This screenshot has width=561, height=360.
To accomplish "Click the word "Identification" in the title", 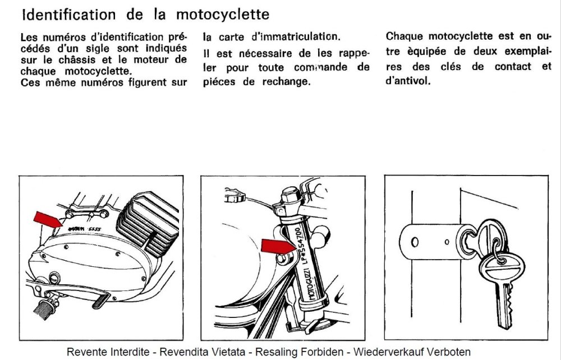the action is [68, 15].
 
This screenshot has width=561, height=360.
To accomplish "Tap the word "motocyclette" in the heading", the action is [223, 15].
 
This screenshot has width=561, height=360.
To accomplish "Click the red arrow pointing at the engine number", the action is [48, 219].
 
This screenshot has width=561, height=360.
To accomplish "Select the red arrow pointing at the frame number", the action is [278, 247].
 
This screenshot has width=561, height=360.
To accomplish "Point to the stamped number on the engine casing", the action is [85, 229].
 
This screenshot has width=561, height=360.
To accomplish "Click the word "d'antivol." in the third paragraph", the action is [408, 81].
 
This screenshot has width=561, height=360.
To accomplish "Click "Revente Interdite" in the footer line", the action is [108, 352].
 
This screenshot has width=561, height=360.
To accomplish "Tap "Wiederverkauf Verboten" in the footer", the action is [412, 352].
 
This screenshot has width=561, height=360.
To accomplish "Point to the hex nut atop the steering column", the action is [289, 195].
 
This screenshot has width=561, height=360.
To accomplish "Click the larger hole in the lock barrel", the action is [415, 242].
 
